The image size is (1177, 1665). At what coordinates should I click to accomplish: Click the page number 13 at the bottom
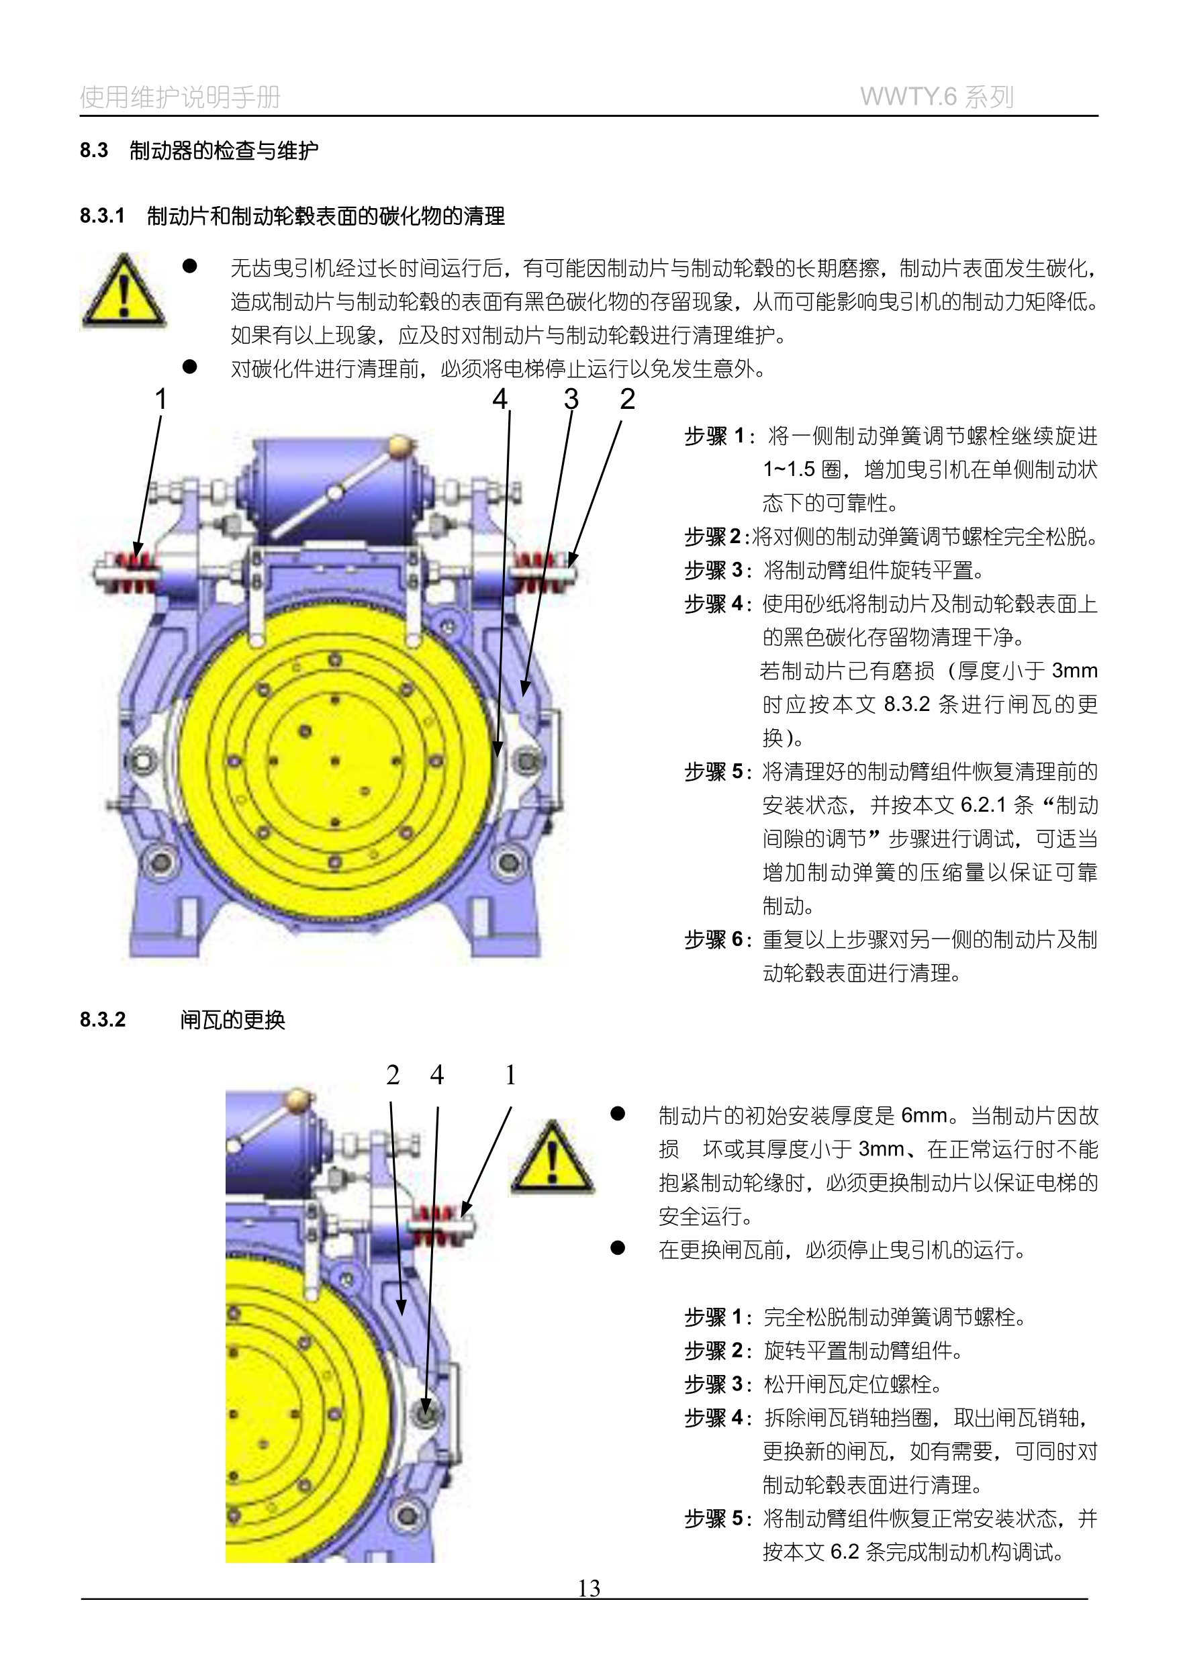[589, 1588]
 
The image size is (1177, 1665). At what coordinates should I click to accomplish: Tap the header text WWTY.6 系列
[936, 97]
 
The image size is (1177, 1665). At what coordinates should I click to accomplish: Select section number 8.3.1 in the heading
[102, 216]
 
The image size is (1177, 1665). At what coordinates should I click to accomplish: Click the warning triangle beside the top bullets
[124, 291]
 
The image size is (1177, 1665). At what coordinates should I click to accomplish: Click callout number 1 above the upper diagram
[161, 399]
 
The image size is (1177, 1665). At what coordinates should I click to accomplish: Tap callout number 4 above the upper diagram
[500, 399]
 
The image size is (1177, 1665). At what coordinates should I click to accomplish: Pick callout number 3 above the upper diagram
[571, 399]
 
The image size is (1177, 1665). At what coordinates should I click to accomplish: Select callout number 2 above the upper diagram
[627, 399]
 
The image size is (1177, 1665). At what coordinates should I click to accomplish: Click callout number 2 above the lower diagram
[392, 1075]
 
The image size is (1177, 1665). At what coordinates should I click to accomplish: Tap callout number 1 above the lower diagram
[510, 1075]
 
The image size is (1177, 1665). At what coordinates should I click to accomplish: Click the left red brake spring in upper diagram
[136, 571]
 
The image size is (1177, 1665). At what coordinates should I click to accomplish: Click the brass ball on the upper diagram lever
[399, 446]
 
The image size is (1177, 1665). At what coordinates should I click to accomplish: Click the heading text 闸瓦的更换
[233, 1020]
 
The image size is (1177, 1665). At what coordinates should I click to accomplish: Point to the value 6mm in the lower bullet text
[923, 1115]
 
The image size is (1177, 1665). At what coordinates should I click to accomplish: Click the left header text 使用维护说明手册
[180, 97]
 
